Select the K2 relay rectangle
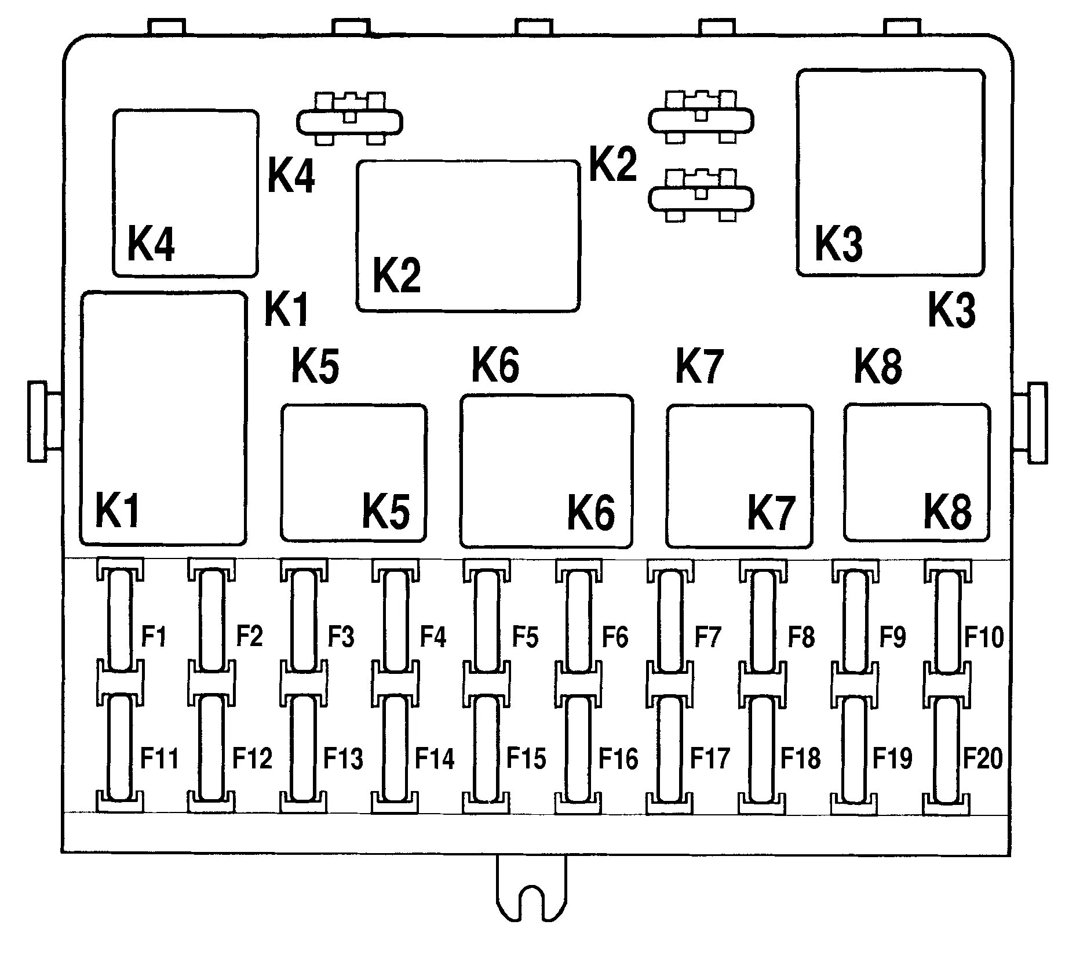468,236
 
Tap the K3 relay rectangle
890,172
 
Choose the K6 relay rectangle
546,470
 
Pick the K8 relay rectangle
916,472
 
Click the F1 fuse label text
154,637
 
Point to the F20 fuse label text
983,758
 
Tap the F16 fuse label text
618,758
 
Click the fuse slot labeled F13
303,748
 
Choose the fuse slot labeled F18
762,748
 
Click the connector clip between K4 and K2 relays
349,120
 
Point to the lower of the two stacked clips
701,197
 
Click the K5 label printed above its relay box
315,366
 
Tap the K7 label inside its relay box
770,512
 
